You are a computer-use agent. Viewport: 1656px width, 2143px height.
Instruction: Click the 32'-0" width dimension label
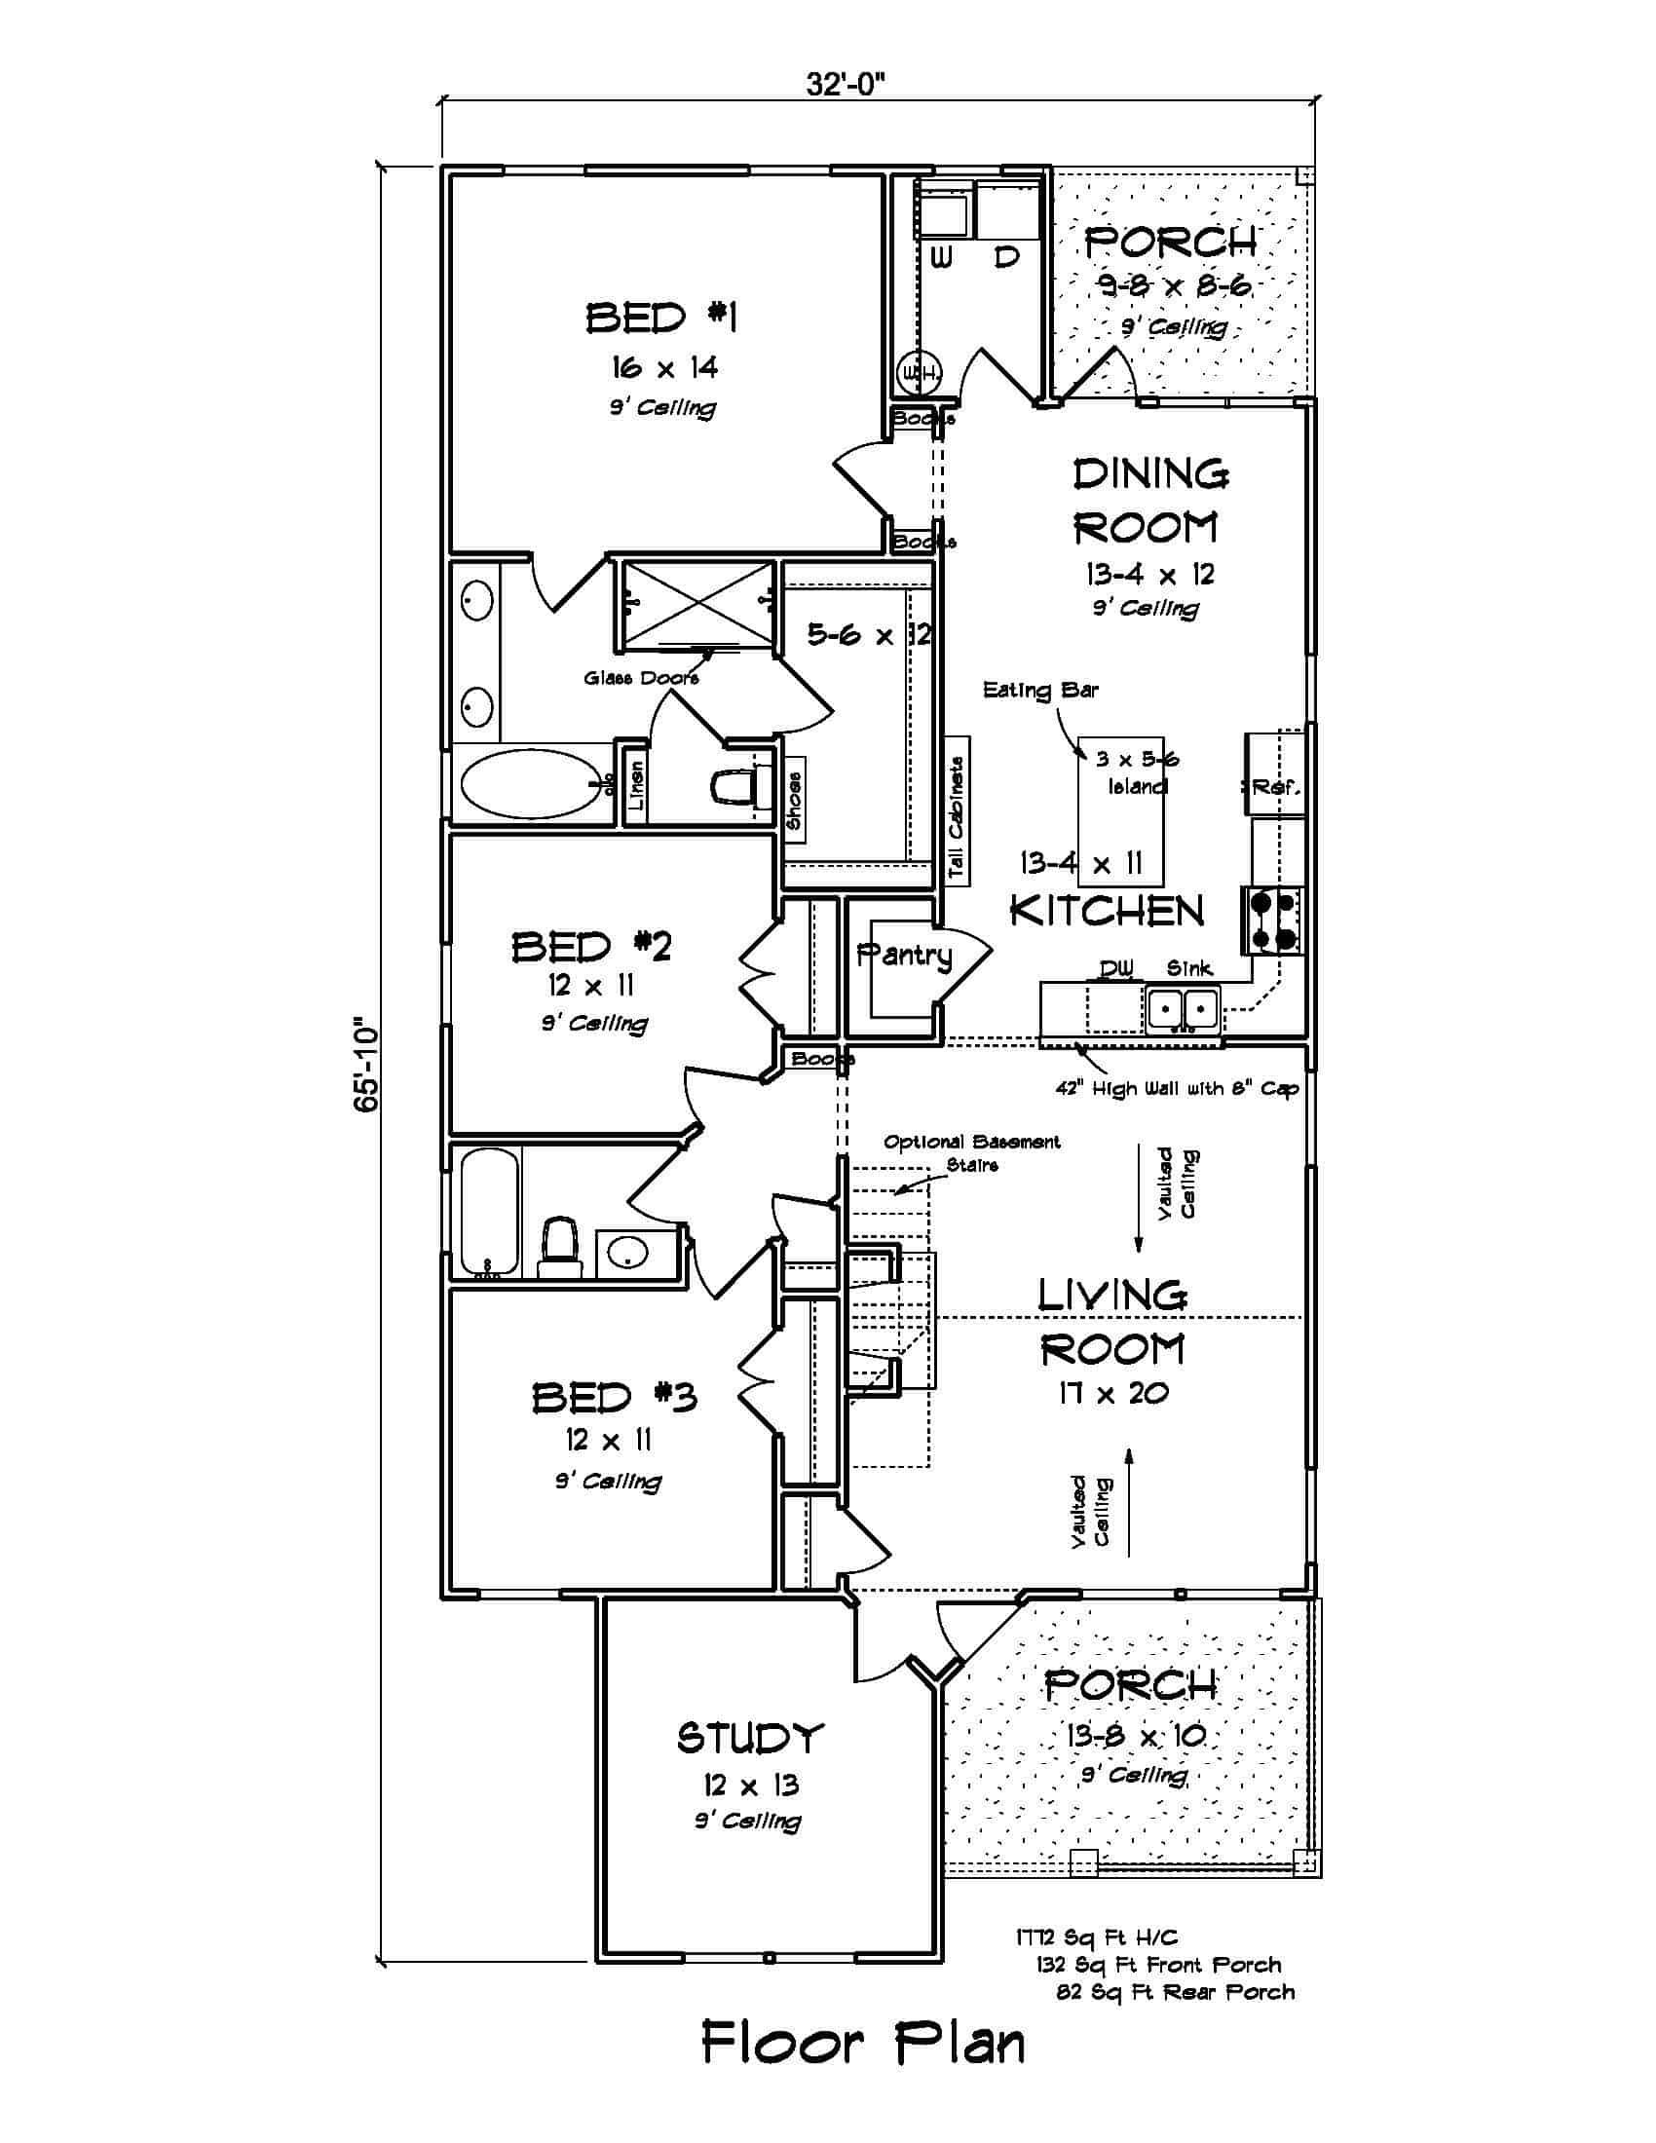(845, 86)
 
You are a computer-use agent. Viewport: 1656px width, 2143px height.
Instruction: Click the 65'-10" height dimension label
(365, 1066)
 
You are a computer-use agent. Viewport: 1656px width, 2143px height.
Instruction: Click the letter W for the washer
(941, 257)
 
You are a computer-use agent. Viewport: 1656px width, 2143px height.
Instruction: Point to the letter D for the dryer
(1006, 257)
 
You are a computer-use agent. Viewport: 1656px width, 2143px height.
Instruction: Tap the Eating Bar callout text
(1040, 690)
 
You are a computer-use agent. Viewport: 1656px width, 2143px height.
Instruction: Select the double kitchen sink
(1184, 1008)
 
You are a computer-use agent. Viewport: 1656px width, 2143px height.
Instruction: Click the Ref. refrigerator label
(1274, 786)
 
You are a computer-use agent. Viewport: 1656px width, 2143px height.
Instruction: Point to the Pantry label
(904, 955)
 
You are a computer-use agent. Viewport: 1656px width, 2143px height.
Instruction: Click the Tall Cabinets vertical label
(957, 817)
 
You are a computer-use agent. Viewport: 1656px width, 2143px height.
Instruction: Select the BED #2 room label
(591, 947)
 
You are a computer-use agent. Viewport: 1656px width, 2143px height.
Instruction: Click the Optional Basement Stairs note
(971, 1153)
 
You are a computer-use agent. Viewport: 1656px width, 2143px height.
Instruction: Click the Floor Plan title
(863, 2044)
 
